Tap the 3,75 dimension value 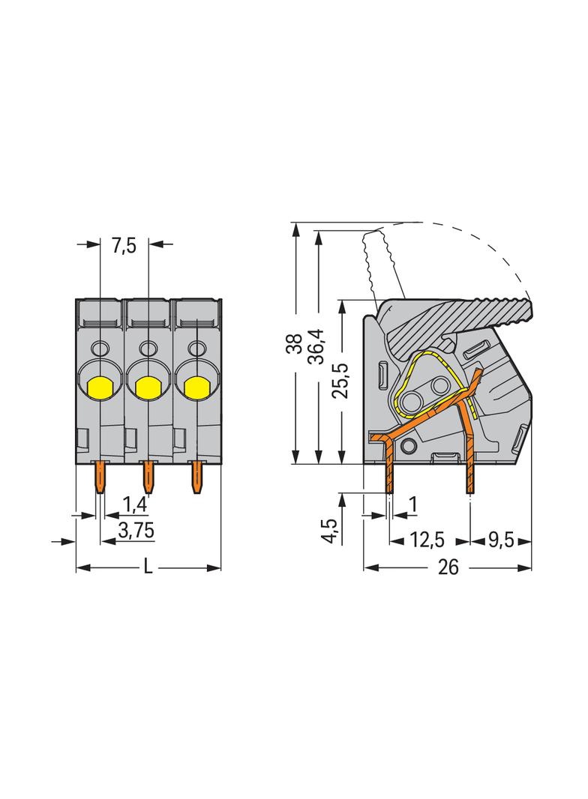pos(136,531)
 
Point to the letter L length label pos(148,567)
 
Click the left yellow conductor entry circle pos(100,387)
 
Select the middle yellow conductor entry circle pos(148,387)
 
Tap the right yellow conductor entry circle pos(196,387)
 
